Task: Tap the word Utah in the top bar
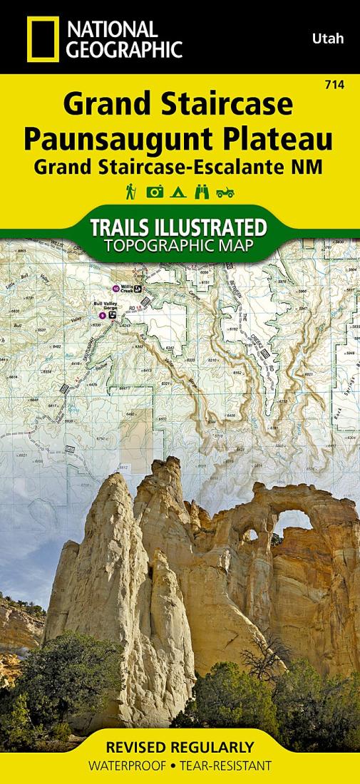tap(327, 38)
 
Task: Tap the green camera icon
tap(154, 192)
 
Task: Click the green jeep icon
tap(226, 192)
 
